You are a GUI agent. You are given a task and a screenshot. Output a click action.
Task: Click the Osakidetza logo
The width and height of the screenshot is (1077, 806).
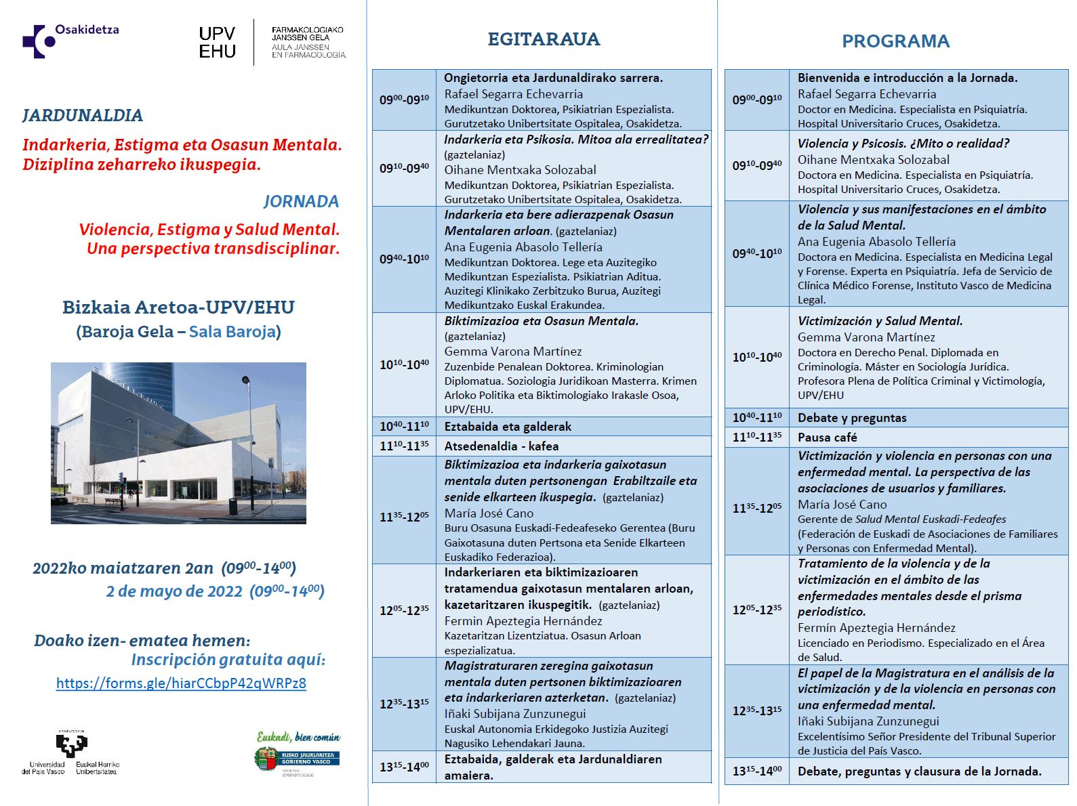click(x=70, y=40)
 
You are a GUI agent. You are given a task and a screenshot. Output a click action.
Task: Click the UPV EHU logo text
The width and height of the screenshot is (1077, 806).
click(x=217, y=43)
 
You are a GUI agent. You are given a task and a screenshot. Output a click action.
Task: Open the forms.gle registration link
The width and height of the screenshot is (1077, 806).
click(x=181, y=683)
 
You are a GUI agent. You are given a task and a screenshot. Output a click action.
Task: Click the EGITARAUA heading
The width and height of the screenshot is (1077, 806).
click(x=544, y=39)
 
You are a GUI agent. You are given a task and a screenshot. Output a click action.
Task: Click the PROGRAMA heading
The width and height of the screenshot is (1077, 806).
click(x=895, y=41)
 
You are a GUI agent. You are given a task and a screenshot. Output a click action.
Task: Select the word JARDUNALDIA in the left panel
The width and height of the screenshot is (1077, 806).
click(x=83, y=115)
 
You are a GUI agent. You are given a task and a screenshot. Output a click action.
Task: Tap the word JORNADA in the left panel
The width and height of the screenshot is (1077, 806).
click(x=301, y=201)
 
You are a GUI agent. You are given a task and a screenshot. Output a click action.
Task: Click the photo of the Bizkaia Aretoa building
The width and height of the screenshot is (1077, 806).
click(x=178, y=443)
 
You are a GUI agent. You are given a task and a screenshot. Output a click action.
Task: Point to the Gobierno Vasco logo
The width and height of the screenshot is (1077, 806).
click(x=298, y=757)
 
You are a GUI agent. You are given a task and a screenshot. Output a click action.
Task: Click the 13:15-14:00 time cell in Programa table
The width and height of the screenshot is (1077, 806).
click(x=756, y=771)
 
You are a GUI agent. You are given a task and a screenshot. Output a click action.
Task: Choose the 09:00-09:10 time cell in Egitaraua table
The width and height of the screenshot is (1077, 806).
click(x=404, y=100)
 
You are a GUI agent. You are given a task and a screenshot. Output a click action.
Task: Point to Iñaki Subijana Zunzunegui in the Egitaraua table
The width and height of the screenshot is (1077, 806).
click(x=514, y=714)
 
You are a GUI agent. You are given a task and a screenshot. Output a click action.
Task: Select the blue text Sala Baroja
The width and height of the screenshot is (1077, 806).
click(x=232, y=332)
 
